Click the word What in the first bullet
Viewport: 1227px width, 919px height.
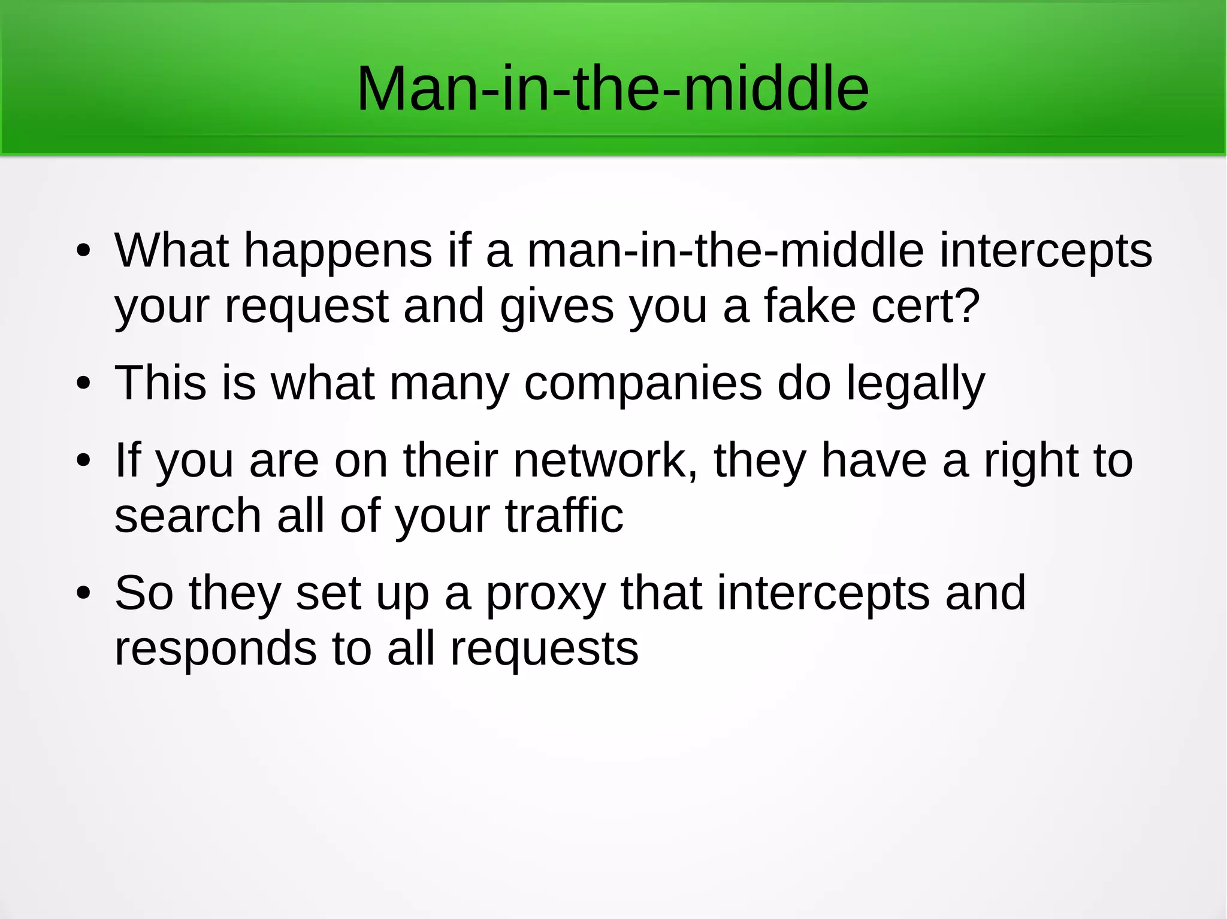point(172,250)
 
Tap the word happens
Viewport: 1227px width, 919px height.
point(338,251)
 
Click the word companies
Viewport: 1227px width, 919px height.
point(643,384)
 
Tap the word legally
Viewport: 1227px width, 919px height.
point(915,384)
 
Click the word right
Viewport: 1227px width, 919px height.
point(1031,462)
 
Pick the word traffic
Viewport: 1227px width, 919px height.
point(564,515)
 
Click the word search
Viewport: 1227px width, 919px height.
point(188,515)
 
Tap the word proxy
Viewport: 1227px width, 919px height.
point(545,594)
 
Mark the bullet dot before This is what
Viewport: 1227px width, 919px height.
point(83,383)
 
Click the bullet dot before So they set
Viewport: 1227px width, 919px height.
point(83,593)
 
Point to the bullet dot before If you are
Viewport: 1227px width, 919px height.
point(83,460)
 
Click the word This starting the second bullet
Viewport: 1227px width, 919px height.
point(160,383)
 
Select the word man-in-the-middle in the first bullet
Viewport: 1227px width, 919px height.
point(725,250)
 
